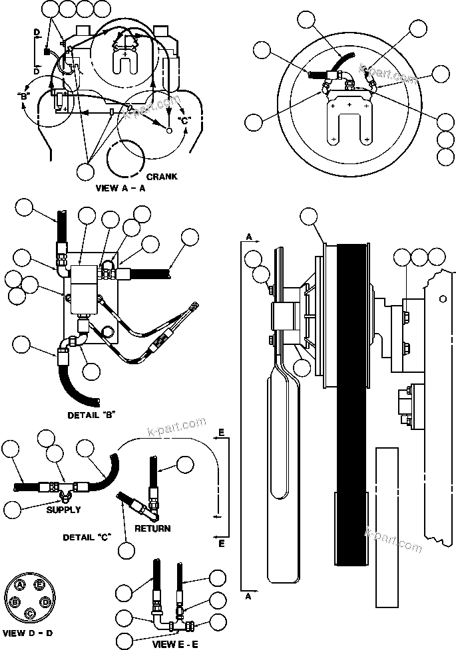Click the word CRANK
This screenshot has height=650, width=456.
[x=162, y=177]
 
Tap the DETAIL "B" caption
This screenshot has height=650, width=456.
[x=92, y=415]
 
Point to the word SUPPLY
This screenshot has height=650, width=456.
[x=64, y=510]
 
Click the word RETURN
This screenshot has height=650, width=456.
[x=152, y=528]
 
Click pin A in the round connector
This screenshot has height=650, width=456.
[x=21, y=584]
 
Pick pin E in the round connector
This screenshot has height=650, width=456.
[x=39, y=584]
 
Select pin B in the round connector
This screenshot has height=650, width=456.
[x=14, y=601]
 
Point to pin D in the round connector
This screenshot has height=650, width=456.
[x=45, y=601]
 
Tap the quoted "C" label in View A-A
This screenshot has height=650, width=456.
[x=184, y=120]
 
